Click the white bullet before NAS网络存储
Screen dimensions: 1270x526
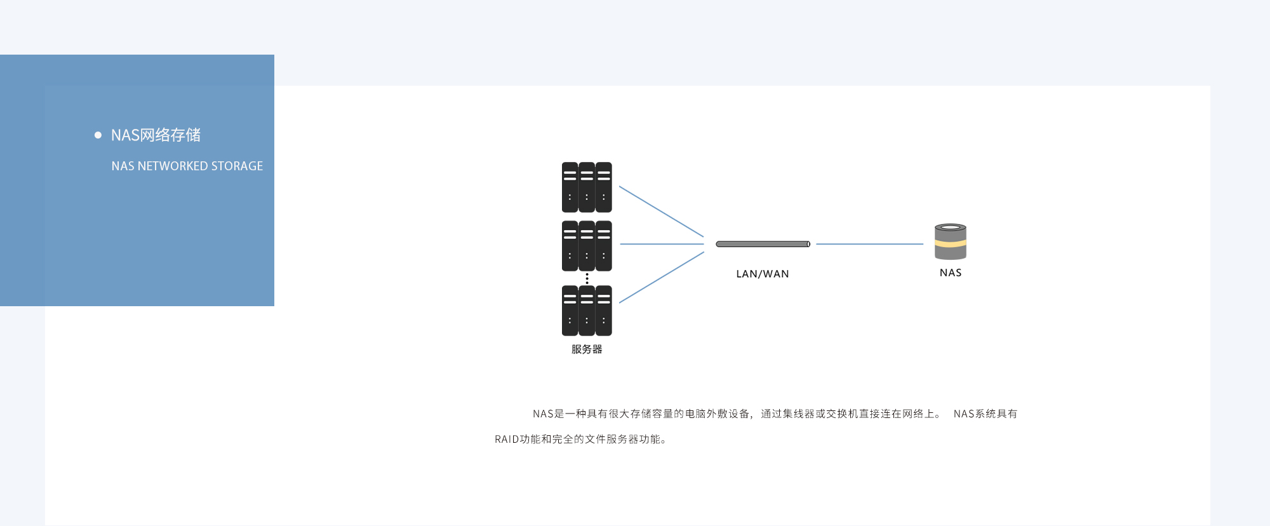(x=98, y=135)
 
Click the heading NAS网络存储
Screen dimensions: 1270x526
(x=156, y=135)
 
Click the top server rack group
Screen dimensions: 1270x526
(x=587, y=187)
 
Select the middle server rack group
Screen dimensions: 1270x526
(x=587, y=246)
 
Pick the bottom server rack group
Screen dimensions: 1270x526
(x=587, y=311)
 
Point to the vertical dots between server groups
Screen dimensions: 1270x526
(x=587, y=278)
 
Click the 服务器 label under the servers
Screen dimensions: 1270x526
(x=587, y=349)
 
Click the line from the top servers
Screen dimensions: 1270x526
(x=661, y=211)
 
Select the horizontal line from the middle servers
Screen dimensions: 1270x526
(x=662, y=244)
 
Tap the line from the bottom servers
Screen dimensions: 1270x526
(x=661, y=278)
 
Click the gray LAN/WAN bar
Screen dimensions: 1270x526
(x=763, y=244)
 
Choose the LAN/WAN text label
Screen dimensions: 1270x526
(x=763, y=274)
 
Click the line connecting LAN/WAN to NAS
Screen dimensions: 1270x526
(x=869, y=244)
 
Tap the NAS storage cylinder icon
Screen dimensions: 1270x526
(x=951, y=241)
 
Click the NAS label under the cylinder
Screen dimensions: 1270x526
(x=951, y=273)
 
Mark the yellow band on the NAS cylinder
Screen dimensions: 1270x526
(x=951, y=243)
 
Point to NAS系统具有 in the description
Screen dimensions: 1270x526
(x=986, y=414)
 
